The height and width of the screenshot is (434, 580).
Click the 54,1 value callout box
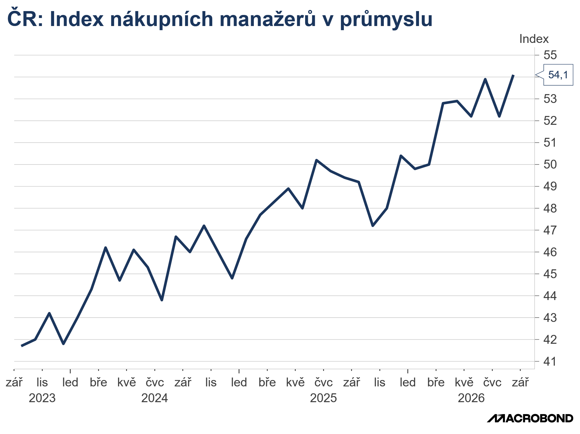click(558, 75)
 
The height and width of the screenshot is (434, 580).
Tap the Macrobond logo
click(530, 418)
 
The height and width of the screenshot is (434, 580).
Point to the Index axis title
click(534, 39)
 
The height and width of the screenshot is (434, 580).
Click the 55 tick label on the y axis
click(550, 55)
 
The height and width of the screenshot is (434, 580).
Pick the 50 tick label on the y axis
click(550, 164)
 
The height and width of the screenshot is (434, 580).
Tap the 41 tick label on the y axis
click(550, 361)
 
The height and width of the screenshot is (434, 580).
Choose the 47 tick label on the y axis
click(550, 230)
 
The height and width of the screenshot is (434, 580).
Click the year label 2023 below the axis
click(42, 398)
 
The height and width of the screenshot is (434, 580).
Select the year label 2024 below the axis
click(155, 398)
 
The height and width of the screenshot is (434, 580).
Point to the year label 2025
click(323, 398)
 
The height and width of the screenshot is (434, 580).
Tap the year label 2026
click(471, 398)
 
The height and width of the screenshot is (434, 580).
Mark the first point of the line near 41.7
click(22, 346)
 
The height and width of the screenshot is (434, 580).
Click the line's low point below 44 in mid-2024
click(162, 300)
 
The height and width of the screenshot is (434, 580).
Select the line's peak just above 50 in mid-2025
click(316, 160)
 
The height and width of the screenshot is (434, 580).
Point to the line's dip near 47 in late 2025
click(373, 226)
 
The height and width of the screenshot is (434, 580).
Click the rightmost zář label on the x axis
click(520, 383)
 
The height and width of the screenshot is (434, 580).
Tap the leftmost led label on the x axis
click(70, 383)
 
